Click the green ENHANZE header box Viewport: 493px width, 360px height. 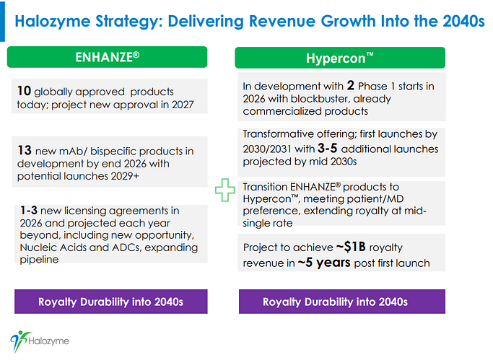click(x=107, y=57)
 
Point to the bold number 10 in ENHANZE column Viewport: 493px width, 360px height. click(x=24, y=92)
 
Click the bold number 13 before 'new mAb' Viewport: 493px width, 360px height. click(x=24, y=151)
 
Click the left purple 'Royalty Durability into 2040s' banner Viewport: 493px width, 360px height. click(x=111, y=302)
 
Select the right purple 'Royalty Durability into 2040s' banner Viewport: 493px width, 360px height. click(x=336, y=302)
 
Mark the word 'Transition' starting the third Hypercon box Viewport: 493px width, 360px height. click(x=267, y=185)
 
